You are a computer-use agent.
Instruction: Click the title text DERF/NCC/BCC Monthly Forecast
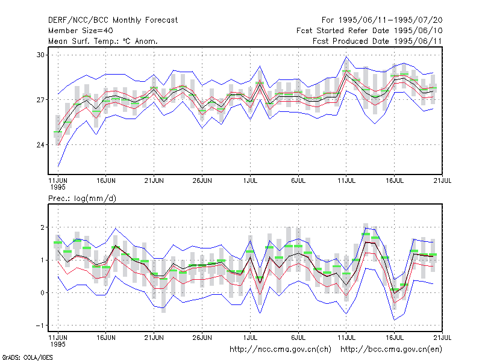click(113, 20)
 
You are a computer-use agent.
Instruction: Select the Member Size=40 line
click(81, 31)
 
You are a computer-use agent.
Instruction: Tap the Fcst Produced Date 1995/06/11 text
click(377, 41)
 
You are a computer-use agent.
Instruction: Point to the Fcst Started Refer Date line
click(369, 31)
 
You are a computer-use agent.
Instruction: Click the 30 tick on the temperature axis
click(40, 55)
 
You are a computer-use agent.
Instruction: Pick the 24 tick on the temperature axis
click(40, 144)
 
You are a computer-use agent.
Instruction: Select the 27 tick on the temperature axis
click(40, 100)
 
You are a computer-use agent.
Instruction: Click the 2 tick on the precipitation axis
click(42, 227)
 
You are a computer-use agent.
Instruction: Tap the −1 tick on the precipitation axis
click(40, 326)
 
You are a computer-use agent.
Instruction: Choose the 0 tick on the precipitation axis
click(42, 293)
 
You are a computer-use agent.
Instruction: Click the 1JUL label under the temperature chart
click(250, 181)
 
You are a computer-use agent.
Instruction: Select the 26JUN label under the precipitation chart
click(202, 338)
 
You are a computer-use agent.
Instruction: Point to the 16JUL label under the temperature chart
click(395, 181)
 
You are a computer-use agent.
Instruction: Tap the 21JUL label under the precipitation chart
click(442, 338)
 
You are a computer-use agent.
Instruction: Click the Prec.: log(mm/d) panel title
click(82, 199)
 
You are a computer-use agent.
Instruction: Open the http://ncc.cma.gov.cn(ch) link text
click(280, 350)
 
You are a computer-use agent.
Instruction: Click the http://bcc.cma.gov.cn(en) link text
click(391, 350)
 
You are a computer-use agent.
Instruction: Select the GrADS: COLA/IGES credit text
click(27, 357)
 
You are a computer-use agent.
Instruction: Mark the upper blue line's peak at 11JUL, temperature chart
click(346, 57)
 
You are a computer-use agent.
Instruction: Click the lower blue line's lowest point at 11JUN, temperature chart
click(58, 167)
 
